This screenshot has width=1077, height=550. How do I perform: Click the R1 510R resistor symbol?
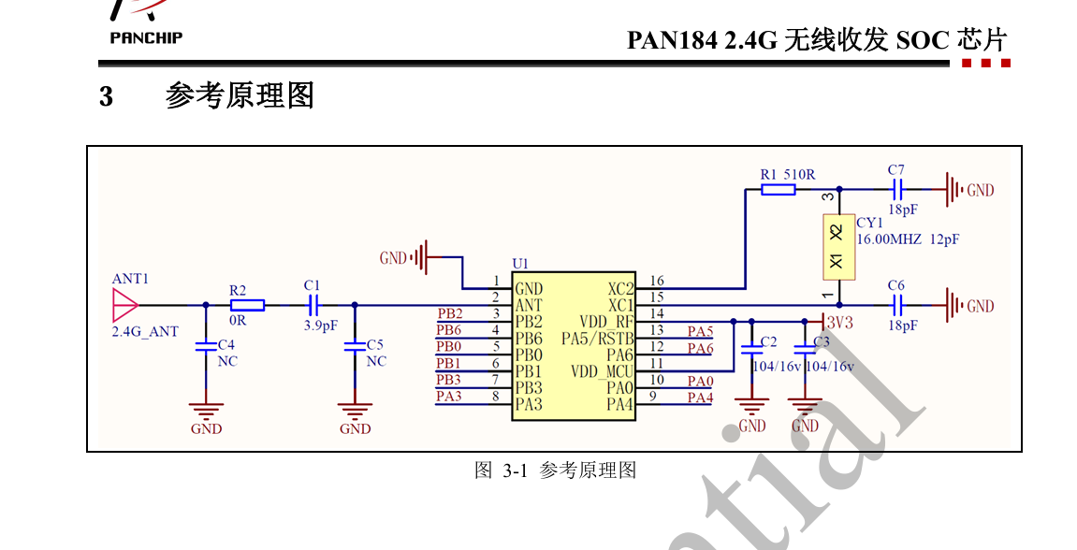pyautogui.click(x=778, y=189)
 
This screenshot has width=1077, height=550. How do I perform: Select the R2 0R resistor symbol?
pyautogui.click(x=247, y=305)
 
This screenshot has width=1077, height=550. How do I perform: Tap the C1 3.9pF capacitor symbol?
pyautogui.click(x=313, y=305)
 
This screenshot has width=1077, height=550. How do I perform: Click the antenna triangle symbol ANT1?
pyautogui.click(x=124, y=305)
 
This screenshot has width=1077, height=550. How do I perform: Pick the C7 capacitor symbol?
pyautogui.click(x=897, y=190)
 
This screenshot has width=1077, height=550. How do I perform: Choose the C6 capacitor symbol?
pyautogui.click(x=897, y=305)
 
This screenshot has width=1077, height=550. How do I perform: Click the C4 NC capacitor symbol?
pyautogui.click(x=206, y=346)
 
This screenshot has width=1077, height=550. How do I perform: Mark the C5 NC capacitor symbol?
pyautogui.click(x=355, y=346)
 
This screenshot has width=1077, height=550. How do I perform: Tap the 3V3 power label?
pyautogui.click(x=840, y=323)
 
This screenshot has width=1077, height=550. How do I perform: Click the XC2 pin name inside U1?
pyautogui.click(x=620, y=288)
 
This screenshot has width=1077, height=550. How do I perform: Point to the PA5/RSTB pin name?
pyautogui.click(x=598, y=338)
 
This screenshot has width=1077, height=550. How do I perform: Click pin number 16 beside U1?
pyautogui.click(x=656, y=281)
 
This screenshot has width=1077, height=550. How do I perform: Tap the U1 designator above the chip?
pyautogui.click(x=520, y=264)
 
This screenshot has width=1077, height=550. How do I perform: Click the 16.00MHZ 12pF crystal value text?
pyautogui.click(x=908, y=239)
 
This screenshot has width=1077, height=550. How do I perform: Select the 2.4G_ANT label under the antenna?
pyautogui.click(x=145, y=331)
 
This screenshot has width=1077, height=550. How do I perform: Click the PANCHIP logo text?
pyautogui.click(x=146, y=37)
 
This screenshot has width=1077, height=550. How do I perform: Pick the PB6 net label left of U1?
pyautogui.click(x=449, y=330)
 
